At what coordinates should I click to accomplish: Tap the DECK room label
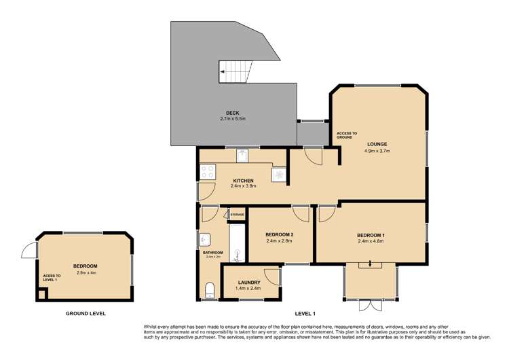(233, 113)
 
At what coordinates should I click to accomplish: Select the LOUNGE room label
(377, 144)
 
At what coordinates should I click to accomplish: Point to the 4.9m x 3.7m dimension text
(377, 151)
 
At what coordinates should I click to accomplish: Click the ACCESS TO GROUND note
(346, 135)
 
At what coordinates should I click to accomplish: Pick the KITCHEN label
(242, 180)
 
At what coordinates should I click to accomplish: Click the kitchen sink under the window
(242, 156)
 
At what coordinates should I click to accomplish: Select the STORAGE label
(237, 215)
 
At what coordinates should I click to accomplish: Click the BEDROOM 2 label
(278, 234)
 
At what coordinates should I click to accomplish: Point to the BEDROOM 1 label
(371, 236)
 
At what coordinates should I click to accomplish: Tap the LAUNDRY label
(249, 283)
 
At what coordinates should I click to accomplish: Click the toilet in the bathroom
(210, 291)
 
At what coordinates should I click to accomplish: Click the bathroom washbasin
(206, 240)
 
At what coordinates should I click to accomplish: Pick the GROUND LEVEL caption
(86, 314)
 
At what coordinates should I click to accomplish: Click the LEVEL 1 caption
(305, 314)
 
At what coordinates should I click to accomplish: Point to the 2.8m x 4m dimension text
(86, 272)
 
